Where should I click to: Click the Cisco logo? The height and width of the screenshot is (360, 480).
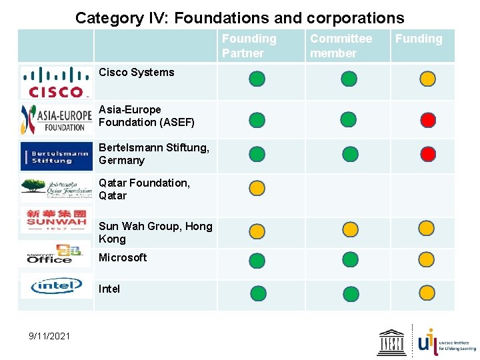click(x=56, y=82)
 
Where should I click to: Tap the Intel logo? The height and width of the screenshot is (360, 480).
click(x=56, y=286)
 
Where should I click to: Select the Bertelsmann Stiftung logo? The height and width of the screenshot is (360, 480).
click(x=56, y=156)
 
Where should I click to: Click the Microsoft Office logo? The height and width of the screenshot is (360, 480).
click(x=56, y=254)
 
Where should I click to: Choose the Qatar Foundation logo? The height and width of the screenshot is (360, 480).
click(x=56, y=189)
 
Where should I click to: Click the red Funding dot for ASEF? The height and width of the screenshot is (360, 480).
click(x=428, y=120)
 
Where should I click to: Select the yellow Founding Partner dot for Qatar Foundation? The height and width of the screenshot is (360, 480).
click(x=257, y=188)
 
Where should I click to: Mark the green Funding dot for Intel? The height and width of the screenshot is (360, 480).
click(x=427, y=292)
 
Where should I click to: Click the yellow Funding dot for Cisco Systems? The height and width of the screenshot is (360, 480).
click(x=428, y=79)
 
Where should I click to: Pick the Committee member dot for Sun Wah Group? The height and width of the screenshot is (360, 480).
click(x=349, y=231)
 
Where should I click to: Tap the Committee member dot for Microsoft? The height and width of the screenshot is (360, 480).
click(x=349, y=260)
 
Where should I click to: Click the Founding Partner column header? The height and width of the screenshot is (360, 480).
click(x=249, y=46)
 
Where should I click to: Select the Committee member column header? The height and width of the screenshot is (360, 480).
click(x=341, y=46)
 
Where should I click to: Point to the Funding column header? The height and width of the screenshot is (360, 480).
click(x=419, y=39)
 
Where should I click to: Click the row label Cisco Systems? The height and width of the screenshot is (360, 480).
click(x=136, y=72)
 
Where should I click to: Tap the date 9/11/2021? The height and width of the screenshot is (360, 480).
click(x=49, y=335)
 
